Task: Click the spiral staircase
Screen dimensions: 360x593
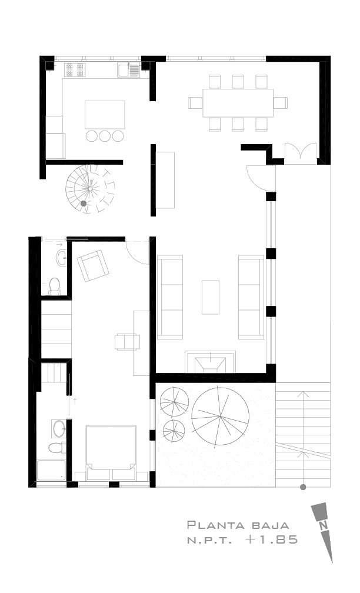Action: click(91, 188)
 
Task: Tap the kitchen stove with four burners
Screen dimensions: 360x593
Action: click(75, 70)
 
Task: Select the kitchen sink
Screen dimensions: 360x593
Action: click(129, 70)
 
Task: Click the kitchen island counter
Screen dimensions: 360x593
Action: click(105, 115)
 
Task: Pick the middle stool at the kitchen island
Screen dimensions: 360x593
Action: click(105, 136)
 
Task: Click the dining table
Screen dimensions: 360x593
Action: click(238, 103)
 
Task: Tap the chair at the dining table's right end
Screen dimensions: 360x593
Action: click(281, 103)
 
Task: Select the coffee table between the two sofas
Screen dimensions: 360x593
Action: click(210, 297)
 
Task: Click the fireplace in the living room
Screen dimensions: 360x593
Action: click(210, 362)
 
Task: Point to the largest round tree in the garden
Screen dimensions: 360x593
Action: click(221, 416)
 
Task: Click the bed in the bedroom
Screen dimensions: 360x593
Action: click(111, 453)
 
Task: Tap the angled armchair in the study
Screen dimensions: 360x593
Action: click(93, 265)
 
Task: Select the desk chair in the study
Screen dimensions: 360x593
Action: click(128, 342)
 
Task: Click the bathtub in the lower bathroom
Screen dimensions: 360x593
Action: click(51, 470)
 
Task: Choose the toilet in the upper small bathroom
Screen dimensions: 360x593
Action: click(55, 285)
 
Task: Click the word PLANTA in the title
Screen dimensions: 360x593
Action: click(216, 525)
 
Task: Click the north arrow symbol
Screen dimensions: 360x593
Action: click(324, 531)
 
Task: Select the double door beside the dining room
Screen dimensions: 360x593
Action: click(301, 153)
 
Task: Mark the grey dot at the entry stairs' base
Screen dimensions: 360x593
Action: click(303, 487)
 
